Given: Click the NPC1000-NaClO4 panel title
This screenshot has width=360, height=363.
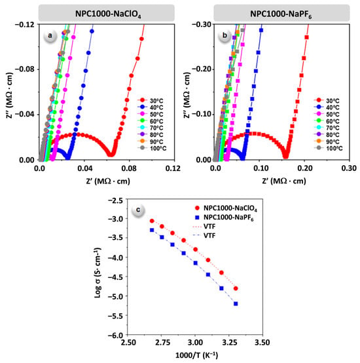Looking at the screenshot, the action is click(x=108, y=14).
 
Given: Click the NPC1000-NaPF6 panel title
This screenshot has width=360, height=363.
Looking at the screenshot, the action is click(x=281, y=14).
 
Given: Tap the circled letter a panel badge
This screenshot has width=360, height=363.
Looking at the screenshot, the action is click(x=50, y=36).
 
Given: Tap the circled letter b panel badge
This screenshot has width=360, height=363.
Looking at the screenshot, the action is click(x=225, y=36).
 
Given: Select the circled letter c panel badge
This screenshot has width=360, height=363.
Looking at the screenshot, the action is click(x=138, y=210).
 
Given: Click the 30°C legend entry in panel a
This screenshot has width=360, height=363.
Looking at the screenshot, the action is click(x=151, y=101).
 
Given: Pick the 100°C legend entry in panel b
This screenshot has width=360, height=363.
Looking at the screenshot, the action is click(x=328, y=148).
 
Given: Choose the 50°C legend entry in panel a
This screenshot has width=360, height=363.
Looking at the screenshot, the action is click(x=151, y=114).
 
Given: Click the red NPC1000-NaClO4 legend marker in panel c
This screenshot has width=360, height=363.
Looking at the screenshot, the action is click(x=197, y=208).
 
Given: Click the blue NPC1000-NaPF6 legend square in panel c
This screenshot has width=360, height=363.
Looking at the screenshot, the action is click(x=197, y=218).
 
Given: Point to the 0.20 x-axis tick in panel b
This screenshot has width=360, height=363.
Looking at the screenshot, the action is click(x=304, y=168).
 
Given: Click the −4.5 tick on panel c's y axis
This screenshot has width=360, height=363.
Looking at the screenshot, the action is click(x=117, y=277).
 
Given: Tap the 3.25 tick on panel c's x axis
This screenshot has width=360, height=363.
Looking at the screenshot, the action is click(x=229, y=342).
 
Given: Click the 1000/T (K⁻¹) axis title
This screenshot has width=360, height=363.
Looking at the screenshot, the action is click(x=196, y=355).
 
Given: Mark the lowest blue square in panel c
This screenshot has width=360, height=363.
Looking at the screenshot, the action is click(x=236, y=304).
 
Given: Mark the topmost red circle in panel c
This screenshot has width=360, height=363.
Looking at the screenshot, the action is click(x=152, y=221).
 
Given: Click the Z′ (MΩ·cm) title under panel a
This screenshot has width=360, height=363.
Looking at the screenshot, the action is click(x=108, y=181).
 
